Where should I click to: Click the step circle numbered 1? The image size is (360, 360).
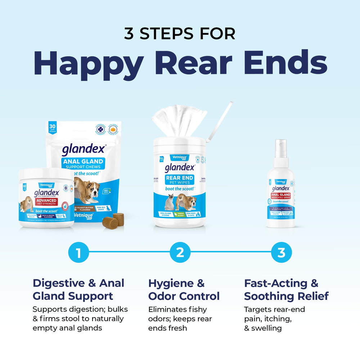point(78,253)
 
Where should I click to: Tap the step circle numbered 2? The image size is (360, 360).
point(180,253)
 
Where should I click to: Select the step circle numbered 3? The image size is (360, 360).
point(281,253)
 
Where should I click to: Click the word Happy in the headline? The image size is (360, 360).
point(88,63)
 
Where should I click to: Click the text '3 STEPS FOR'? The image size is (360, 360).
point(180,33)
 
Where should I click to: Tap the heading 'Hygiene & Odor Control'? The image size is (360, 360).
point(184,290)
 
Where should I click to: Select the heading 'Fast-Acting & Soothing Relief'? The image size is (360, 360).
point(286,290)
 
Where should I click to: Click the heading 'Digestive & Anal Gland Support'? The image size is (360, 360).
point(78,290)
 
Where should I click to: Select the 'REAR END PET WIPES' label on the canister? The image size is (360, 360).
point(180,180)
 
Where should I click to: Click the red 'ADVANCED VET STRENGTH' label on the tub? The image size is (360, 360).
point(45,202)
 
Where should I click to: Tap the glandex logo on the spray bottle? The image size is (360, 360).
point(280,188)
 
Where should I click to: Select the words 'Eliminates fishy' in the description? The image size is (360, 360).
point(177,309)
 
